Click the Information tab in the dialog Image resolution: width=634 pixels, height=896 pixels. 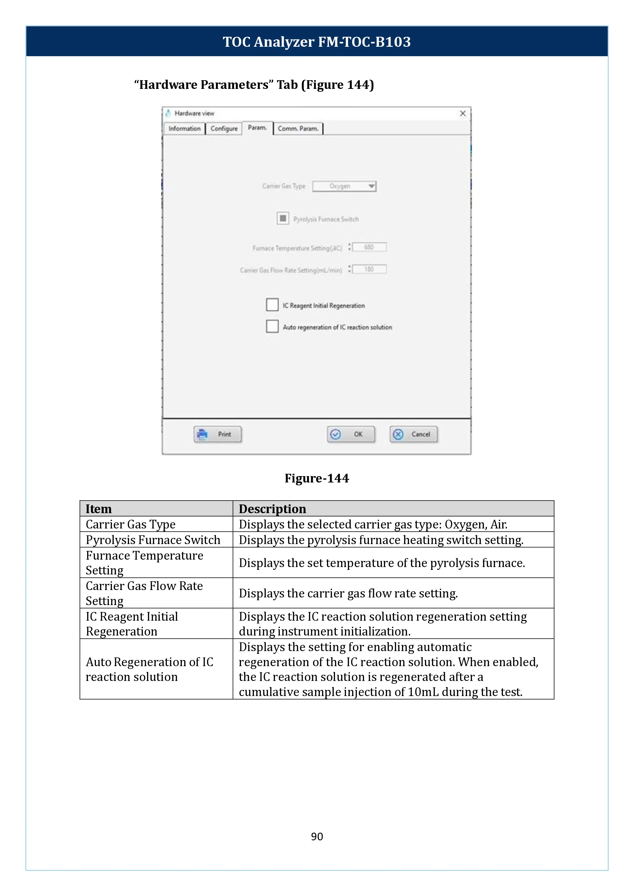184,128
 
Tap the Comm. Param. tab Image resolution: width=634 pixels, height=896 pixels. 298,128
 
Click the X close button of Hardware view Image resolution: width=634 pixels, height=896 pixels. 463,114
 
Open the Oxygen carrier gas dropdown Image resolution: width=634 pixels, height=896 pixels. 344,186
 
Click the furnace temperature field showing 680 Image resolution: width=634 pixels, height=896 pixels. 369,247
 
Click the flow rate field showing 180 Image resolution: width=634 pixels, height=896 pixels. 369,269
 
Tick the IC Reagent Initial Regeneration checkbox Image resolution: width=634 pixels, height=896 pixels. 272,305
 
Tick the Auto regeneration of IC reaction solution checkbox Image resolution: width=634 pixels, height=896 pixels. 272,326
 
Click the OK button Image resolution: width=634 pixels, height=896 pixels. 351,434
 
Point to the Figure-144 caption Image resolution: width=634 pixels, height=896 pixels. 317,478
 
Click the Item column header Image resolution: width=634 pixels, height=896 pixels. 99,509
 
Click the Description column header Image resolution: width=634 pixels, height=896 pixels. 272,509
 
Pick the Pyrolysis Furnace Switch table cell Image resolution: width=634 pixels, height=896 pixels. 153,540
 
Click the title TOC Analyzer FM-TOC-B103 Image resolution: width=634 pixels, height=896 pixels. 317,42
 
